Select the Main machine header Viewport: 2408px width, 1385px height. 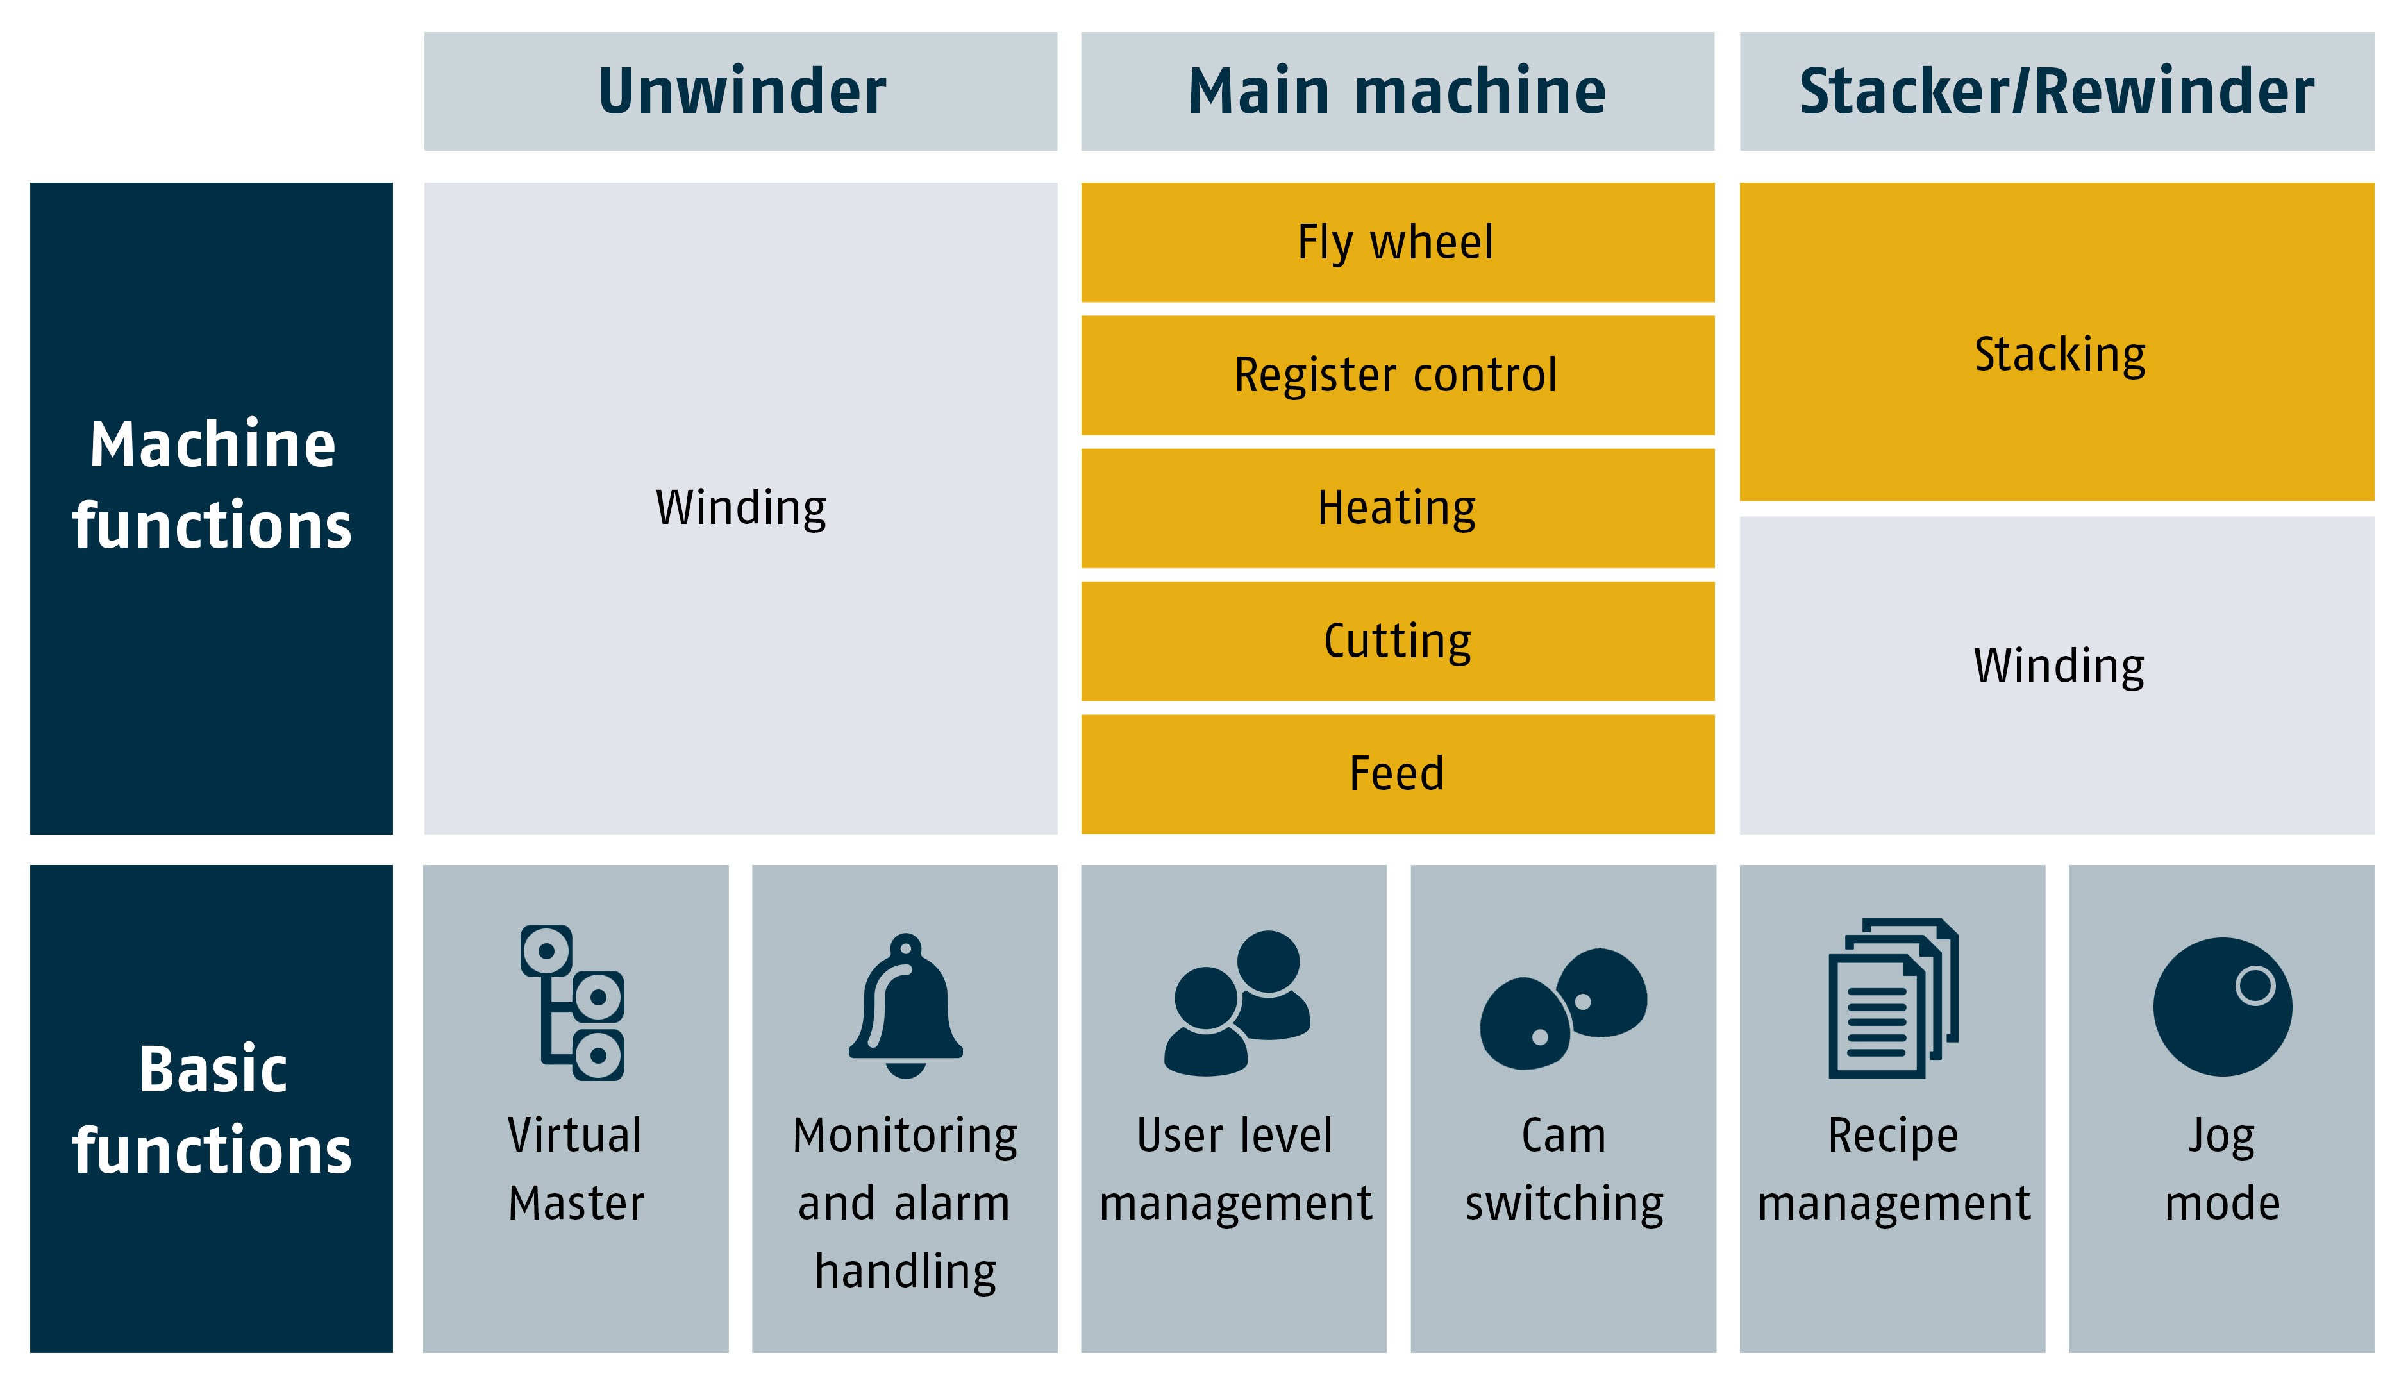[1397, 91]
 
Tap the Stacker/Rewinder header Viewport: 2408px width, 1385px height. [2056, 91]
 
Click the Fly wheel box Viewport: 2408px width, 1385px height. [1397, 242]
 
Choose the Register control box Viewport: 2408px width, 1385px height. [1397, 375]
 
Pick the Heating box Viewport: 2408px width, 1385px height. [1397, 508]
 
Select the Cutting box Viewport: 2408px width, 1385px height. [1397, 641]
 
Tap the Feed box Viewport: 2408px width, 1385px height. [1397, 773]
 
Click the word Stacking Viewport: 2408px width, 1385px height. [2060, 355]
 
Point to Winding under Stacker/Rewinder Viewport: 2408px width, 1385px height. [2059, 666]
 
